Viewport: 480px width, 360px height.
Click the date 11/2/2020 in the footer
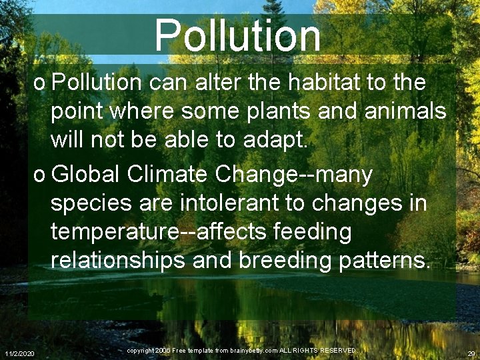20,353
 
